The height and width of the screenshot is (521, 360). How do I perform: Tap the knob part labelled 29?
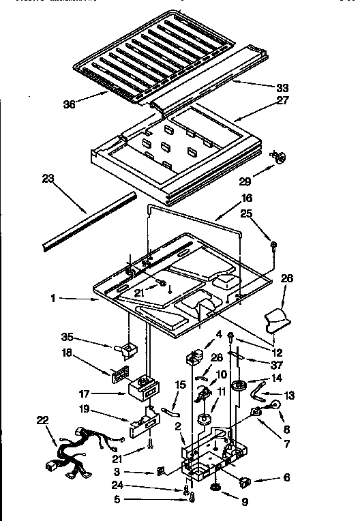pos(278,158)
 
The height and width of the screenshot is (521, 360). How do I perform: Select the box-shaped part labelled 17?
pos(142,388)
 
